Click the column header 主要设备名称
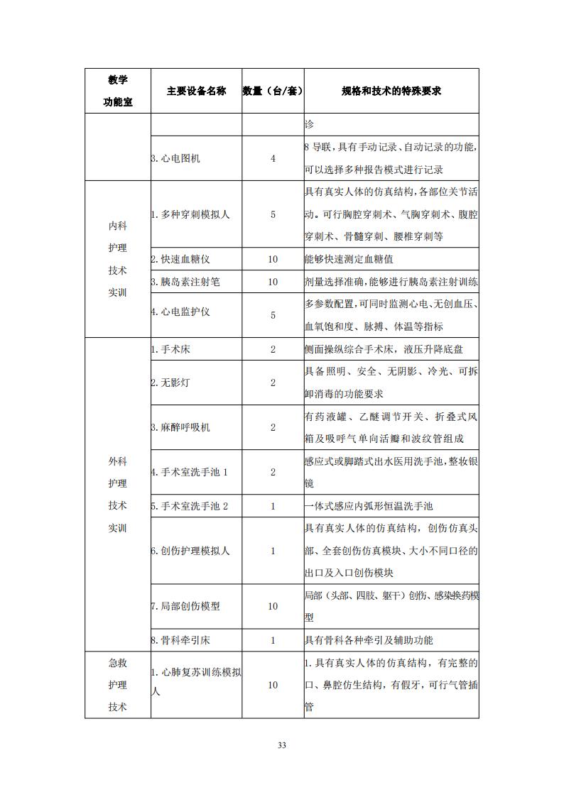coord(196,91)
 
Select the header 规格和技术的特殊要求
coord(391,91)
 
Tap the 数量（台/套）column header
coord(273,91)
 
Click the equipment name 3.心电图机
coord(176,158)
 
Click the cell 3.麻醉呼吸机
coord(180,427)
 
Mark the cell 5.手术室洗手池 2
coord(190,506)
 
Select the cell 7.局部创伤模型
coord(185,606)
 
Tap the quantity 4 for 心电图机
coord(273,158)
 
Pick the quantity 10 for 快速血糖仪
coord(273,259)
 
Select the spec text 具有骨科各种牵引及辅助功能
coord(368,640)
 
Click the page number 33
coord(282,744)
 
